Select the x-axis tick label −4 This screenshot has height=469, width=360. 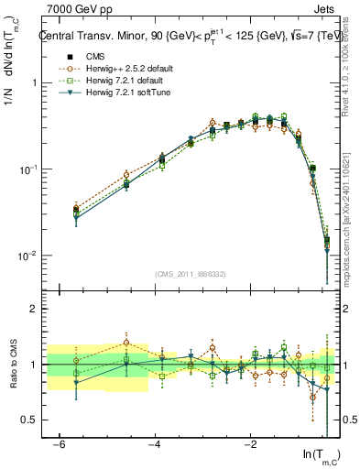154,444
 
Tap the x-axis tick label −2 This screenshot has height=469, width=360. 251,444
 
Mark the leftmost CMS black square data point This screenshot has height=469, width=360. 76,211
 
